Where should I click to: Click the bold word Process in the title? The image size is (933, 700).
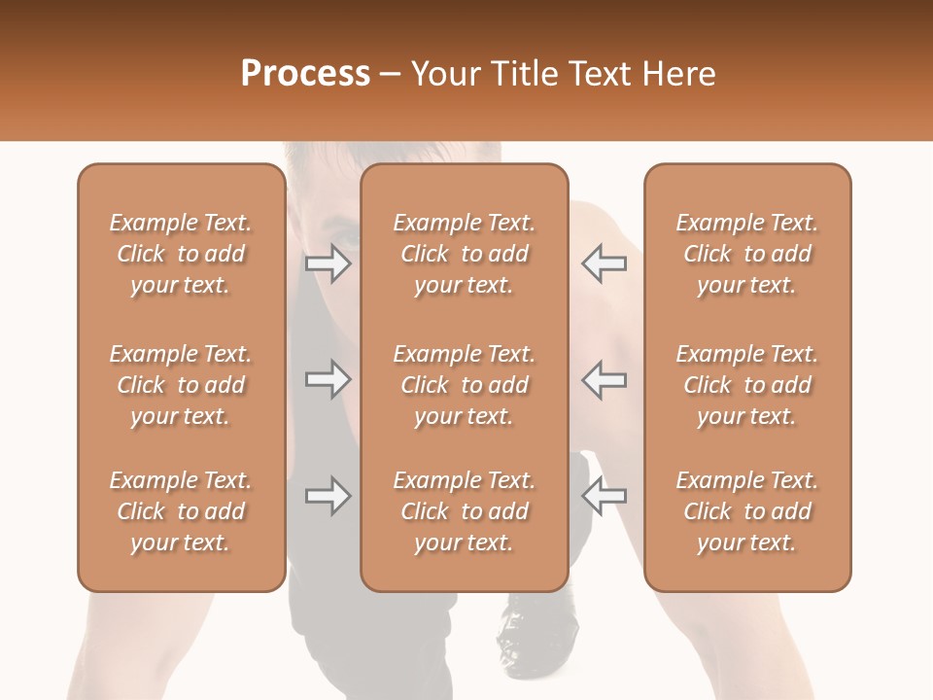305,74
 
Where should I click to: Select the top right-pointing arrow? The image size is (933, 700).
328,262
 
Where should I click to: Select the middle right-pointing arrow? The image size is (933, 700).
328,379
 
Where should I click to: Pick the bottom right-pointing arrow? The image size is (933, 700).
328,496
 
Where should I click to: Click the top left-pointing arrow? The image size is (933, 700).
605,262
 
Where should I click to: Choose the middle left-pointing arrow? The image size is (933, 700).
605,379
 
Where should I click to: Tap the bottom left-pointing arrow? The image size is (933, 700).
605,496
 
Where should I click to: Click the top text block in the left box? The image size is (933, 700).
181,254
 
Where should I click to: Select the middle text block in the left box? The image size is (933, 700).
181,385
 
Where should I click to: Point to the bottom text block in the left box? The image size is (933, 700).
181,511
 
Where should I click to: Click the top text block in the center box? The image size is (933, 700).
465,254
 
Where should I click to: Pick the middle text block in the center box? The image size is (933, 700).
465,385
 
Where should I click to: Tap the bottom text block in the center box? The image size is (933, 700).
465,511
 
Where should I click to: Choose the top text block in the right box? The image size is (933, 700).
747,254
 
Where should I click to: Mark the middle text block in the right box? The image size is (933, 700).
747,385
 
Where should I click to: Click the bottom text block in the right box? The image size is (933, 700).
747,511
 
